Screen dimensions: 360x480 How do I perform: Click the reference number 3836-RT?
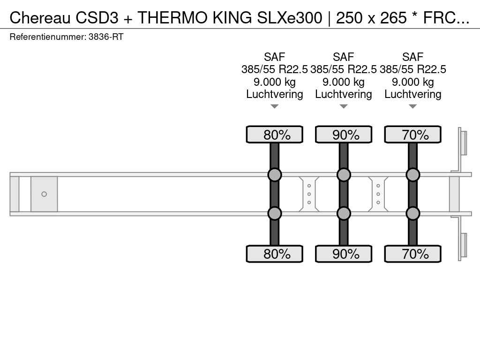[x=106, y=37]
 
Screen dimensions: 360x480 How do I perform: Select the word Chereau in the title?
[x=40, y=17]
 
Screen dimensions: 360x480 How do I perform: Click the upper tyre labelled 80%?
[x=275, y=135]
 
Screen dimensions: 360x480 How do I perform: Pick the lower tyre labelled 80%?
[x=275, y=254]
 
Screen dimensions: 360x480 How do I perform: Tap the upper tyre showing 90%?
[x=344, y=135]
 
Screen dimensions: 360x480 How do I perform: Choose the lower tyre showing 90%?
[x=344, y=254]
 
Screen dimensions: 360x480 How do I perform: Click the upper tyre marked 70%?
[x=413, y=135]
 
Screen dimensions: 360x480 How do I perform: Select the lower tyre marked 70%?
[x=413, y=254]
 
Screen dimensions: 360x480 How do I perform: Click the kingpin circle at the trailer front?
[x=44, y=194]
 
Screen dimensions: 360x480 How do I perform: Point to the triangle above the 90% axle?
[x=344, y=107]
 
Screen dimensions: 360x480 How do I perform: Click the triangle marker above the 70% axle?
[x=413, y=107]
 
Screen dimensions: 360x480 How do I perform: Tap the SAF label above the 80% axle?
[x=275, y=57]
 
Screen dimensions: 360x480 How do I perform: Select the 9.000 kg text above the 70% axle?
[x=413, y=82]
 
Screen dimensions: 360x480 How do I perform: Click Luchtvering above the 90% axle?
[x=344, y=94]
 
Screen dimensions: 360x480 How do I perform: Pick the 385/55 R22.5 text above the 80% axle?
[x=275, y=69]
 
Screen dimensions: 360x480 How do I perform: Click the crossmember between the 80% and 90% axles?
[x=309, y=194]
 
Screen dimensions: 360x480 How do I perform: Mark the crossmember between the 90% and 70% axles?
[x=378, y=194]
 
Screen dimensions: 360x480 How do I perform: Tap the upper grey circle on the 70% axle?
[x=413, y=175]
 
